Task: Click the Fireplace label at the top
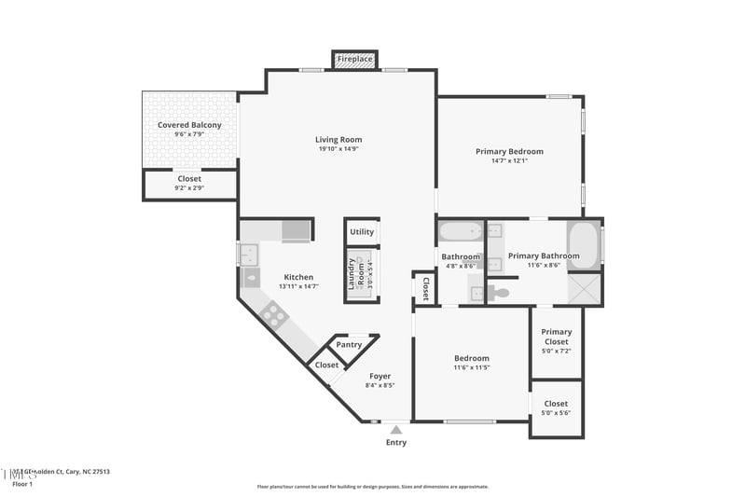point(354,59)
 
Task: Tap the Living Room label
point(338,140)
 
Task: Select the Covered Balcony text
point(189,124)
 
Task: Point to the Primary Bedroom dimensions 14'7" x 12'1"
point(509,160)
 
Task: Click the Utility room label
point(362,232)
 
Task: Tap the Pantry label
point(349,345)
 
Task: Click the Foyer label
point(380,376)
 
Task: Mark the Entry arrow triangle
point(396,430)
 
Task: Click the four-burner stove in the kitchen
point(274,315)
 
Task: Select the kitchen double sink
point(250,254)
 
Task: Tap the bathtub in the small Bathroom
point(461,231)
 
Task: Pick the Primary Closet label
point(557,337)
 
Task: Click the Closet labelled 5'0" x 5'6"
point(556,408)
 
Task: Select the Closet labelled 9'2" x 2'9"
point(189,183)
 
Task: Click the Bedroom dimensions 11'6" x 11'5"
point(472,367)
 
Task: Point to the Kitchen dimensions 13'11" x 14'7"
point(298,286)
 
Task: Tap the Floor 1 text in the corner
point(22,484)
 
